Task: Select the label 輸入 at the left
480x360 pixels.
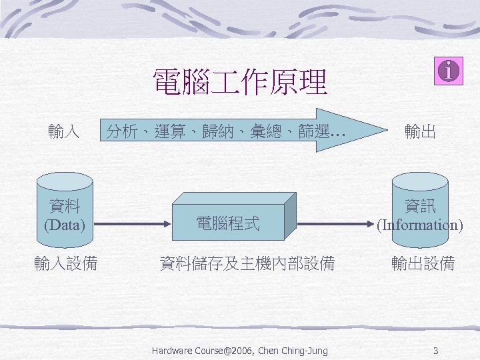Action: (64, 131)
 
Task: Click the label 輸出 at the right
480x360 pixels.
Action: (420, 131)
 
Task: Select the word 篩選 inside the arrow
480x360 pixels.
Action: (313, 131)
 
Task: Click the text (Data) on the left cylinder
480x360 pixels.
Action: (65, 225)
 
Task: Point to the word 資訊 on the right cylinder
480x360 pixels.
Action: (420, 206)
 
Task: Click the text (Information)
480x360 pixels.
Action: (420, 225)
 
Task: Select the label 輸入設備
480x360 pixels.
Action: (66, 264)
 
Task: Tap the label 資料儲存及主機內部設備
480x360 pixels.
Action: (247, 264)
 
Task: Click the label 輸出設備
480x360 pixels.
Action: (423, 264)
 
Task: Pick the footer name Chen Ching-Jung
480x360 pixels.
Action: (297, 351)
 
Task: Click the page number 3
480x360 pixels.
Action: (435, 351)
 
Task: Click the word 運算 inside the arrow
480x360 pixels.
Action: (167, 131)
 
